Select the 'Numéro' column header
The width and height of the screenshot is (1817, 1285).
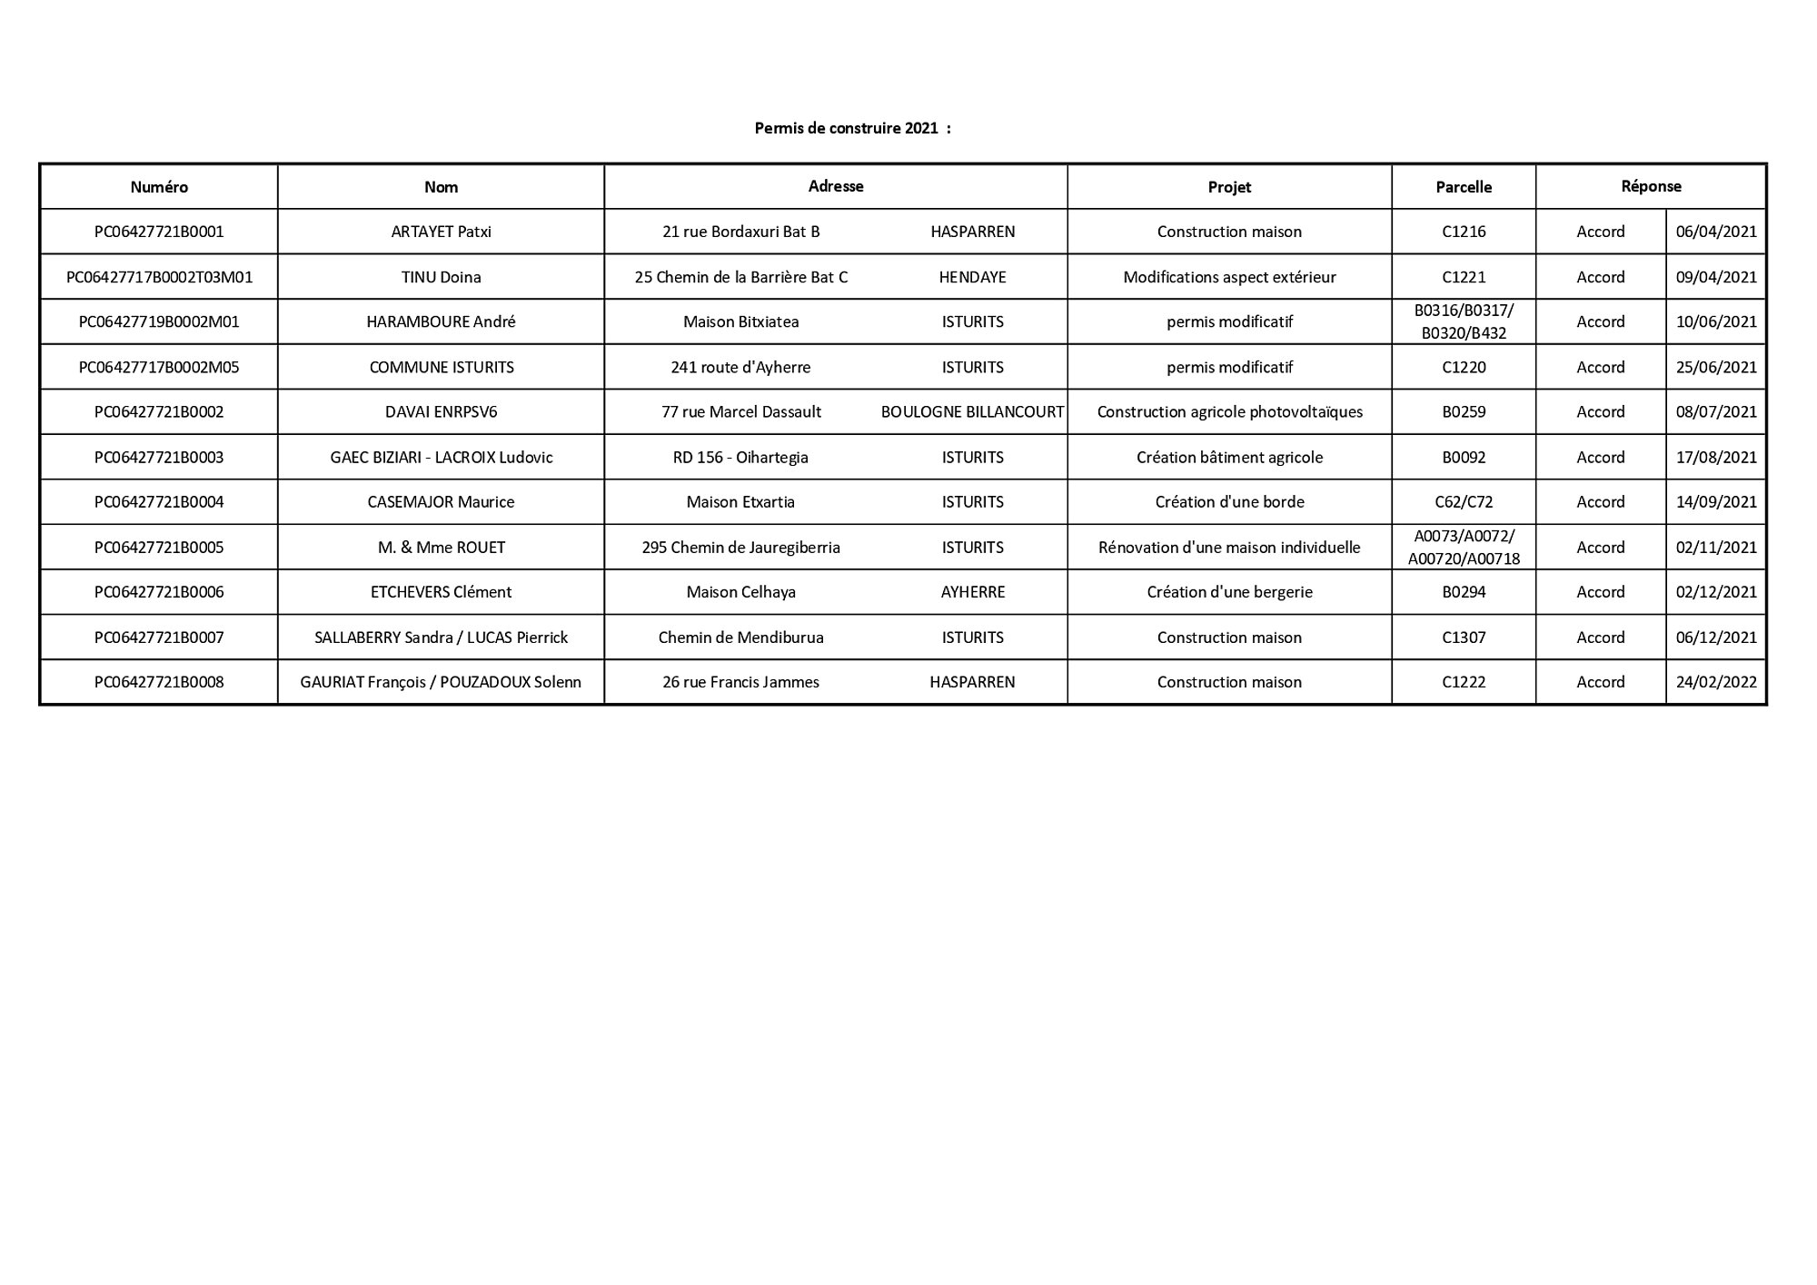pos(159,187)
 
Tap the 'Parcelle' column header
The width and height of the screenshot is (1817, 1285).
pos(1464,187)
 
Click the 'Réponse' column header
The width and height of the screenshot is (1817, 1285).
pos(1651,186)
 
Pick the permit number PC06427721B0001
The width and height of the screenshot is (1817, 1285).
pos(159,232)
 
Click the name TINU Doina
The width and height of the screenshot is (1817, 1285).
pos(441,277)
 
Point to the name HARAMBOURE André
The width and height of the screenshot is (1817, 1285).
pos(441,321)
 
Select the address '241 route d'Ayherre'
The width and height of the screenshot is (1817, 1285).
pos(740,367)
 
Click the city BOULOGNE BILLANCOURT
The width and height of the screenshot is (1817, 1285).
pos(972,411)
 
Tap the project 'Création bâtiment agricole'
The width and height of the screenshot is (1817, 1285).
pos(1229,457)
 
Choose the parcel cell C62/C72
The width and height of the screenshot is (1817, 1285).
pos(1464,501)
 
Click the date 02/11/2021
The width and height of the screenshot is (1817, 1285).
pos(1716,547)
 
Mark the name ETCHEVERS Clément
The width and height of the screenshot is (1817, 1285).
pos(441,592)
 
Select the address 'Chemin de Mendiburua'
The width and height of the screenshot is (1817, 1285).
pos(740,638)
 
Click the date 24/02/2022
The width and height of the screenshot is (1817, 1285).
pos(1716,682)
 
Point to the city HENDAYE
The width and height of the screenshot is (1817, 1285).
pos(972,277)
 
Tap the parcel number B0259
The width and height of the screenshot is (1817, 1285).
pos(1464,411)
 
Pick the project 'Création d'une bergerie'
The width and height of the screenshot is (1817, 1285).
pos(1229,592)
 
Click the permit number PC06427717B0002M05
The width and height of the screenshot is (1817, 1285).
pos(159,367)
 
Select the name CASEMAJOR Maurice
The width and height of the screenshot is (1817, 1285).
pos(441,501)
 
